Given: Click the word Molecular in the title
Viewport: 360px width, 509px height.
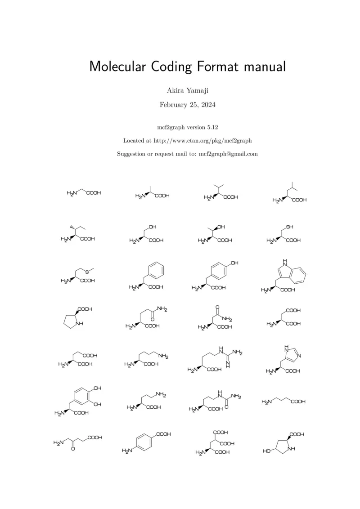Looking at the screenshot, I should (120, 66).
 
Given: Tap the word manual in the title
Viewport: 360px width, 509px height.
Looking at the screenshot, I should (265, 66).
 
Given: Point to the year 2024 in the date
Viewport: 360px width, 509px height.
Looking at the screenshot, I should (207, 105).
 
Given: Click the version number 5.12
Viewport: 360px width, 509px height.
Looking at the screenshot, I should (213, 127).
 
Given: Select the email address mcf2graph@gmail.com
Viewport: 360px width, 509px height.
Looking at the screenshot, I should (228, 153).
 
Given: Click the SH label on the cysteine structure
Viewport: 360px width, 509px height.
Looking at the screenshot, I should (290, 227).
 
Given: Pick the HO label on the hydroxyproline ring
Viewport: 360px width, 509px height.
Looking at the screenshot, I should (267, 451).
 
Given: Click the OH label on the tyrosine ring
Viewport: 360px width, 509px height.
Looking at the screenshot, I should (234, 263).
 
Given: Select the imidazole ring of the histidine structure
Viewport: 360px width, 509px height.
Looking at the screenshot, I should (291, 355).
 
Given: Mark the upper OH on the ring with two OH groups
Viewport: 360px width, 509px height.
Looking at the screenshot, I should (97, 388).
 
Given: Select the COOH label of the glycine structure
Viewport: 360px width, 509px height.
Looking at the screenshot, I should (94, 193).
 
